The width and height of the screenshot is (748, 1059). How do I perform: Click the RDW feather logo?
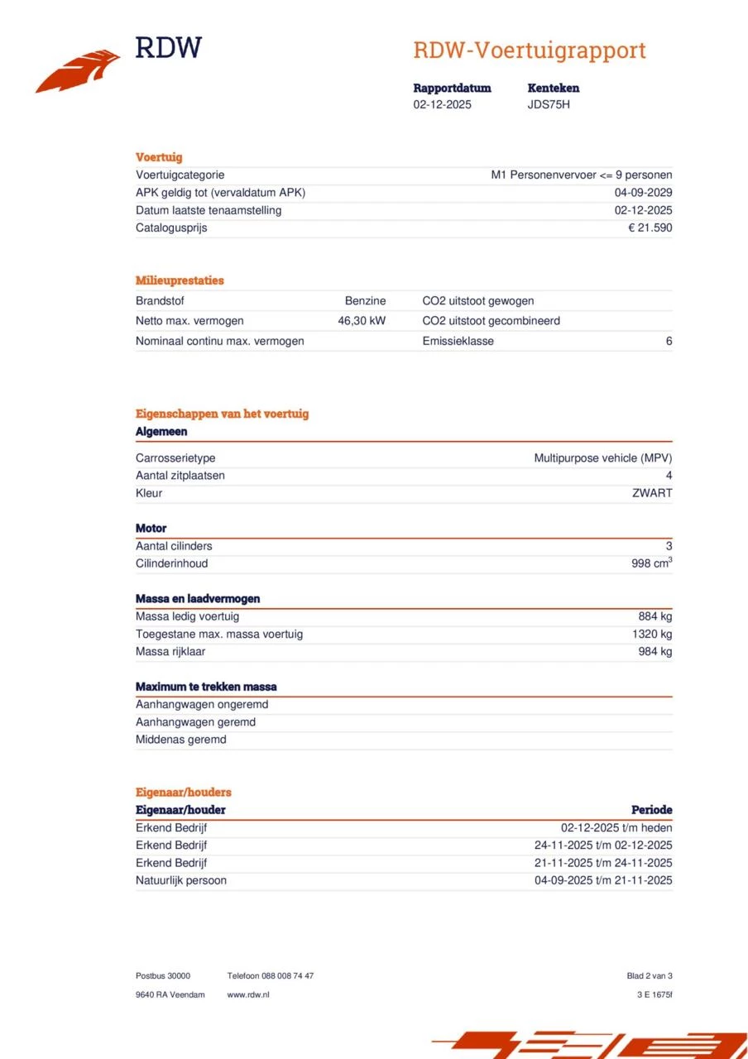pyautogui.click(x=79, y=71)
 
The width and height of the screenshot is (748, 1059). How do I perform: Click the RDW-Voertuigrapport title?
pyautogui.click(x=529, y=50)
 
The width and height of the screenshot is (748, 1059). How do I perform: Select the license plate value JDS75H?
pyautogui.click(x=549, y=105)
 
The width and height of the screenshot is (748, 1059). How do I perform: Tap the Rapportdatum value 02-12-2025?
pyautogui.click(x=442, y=105)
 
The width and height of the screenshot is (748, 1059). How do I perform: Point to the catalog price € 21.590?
pyautogui.click(x=650, y=228)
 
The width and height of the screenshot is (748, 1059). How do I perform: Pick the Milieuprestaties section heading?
pyautogui.click(x=180, y=280)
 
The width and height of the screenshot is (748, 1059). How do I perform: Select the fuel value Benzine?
pyautogui.click(x=365, y=301)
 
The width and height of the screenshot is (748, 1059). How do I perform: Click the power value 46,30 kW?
pyautogui.click(x=362, y=321)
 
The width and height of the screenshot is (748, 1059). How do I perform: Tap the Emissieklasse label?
pyautogui.click(x=458, y=341)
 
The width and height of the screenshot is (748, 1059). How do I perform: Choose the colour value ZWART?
pyautogui.click(x=652, y=493)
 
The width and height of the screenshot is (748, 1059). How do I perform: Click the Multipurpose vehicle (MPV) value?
pyautogui.click(x=602, y=458)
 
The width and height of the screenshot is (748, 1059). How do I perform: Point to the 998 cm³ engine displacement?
pyautogui.click(x=651, y=563)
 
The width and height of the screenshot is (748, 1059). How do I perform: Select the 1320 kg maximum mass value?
pyautogui.click(x=652, y=634)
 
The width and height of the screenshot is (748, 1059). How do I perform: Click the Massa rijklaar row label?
pyautogui.click(x=170, y=651)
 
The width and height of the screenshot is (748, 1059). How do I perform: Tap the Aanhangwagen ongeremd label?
pyautogui.click(x=202, y=705)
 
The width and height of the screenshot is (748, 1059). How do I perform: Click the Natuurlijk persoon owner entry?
pyautogui.click(x=181, y=880)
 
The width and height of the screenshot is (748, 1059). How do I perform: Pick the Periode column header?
pyautogui.click(x=651, y=810)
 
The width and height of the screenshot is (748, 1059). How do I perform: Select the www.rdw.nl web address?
pyautogui.click(x=248, y=994)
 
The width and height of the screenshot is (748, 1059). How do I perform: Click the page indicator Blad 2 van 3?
pyautogui.click(x=650, y=976)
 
